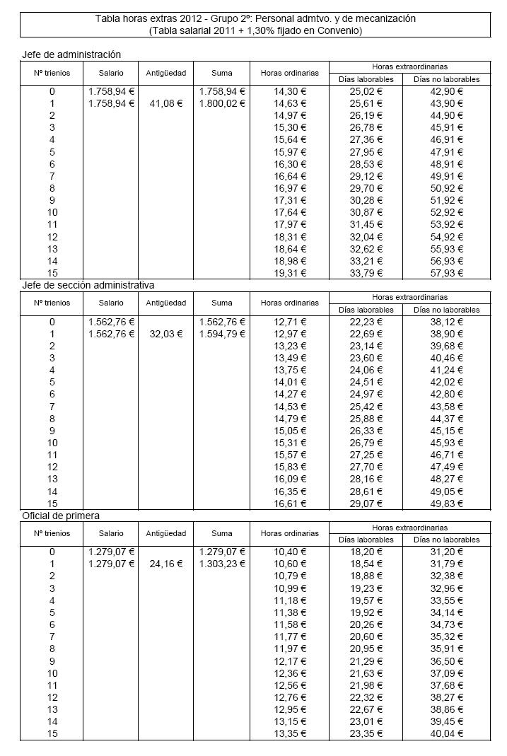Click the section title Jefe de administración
[x=71, y=54]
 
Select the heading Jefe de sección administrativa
[x=88, y=285]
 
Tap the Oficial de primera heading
[x=60, y=516]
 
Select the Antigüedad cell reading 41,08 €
[x=167, y=103]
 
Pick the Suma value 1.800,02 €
[x=222, y=103]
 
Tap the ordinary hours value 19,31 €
[x=290, y=273]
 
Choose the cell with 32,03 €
[x=167, y=334]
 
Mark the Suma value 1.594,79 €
[x=222, y=334]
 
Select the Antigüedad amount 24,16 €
[x=167, y=564]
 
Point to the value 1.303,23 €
[x=222, y=564]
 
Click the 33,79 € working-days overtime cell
[x=366, y=273]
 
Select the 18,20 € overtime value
[x=366, y=552]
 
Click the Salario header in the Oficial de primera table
[x=111, y=533]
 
